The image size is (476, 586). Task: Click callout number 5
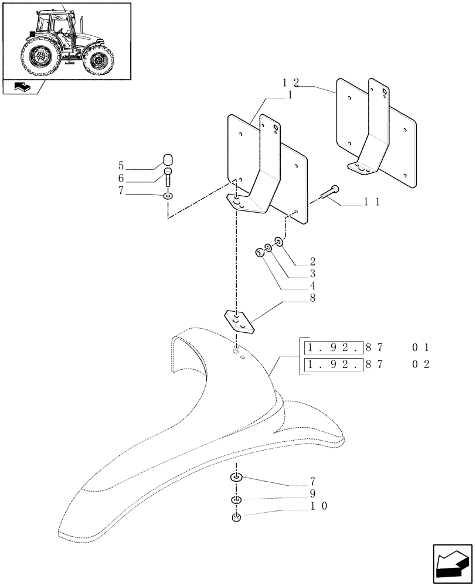138,165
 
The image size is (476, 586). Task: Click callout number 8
312,299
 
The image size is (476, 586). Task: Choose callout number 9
313,493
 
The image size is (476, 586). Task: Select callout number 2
312,261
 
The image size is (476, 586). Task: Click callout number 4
312,286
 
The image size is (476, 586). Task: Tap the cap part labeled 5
167,160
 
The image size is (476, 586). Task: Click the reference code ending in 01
366,347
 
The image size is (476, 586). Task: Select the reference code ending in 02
366,365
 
